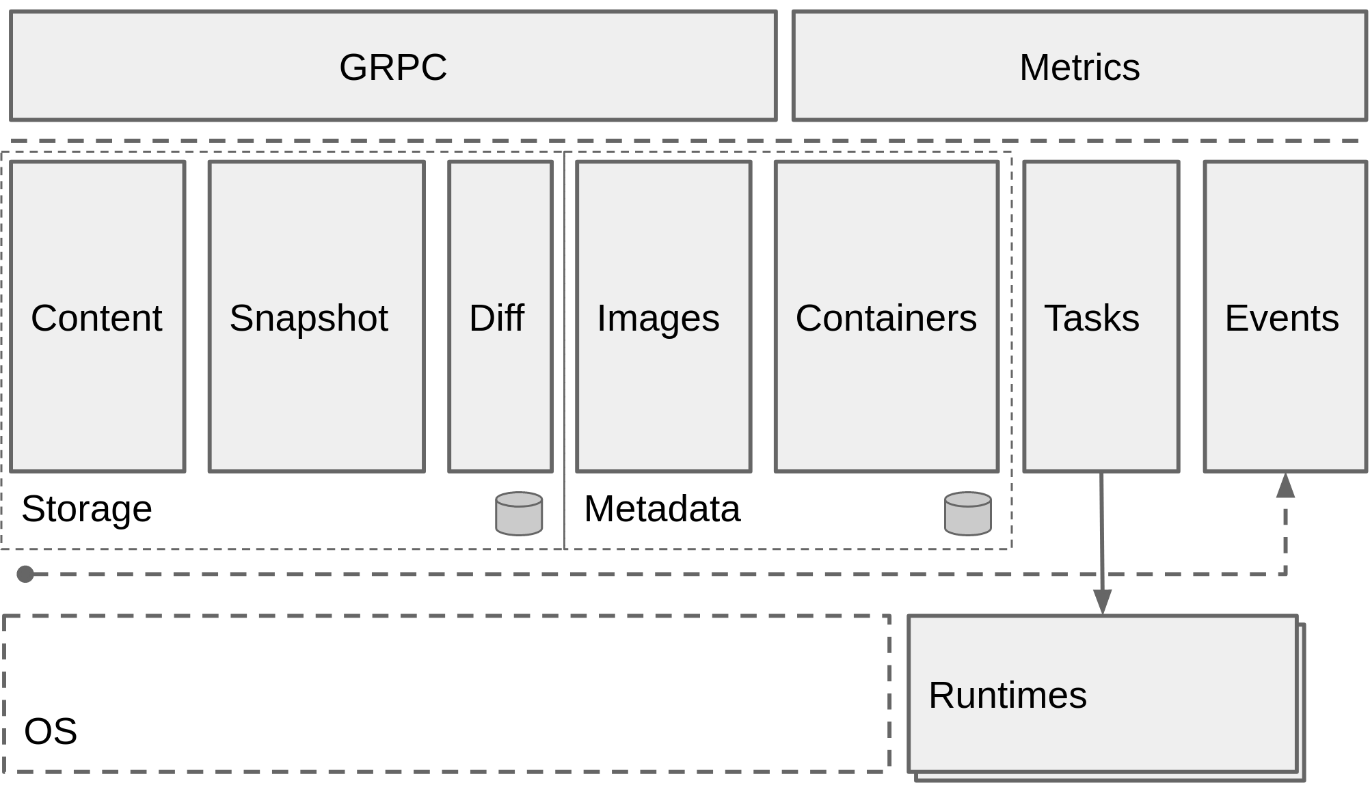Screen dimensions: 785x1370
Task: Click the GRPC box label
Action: click(x=393, y=67)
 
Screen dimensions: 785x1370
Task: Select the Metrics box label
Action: click(x=1079, y=67)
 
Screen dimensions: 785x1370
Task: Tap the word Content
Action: click(x=96, y=318)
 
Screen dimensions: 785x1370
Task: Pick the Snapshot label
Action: click(x=308, y=318)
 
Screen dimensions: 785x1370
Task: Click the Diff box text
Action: click(x=497, y=318)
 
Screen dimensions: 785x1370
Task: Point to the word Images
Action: click(x=658, y=318)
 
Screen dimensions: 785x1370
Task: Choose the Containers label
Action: click(x=886, y=318)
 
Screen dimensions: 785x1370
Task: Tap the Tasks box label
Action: click(x=1091, y=318)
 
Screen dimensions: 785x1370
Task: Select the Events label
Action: click(x=1281, y=318)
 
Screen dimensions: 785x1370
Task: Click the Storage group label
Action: click(x=87, y=508)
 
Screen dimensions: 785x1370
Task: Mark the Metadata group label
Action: click(x=662, y=508)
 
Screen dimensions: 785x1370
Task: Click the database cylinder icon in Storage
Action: click(x=519, y=513)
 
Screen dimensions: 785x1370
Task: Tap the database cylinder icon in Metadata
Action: click(x=967, y=513)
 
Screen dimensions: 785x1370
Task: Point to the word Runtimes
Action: click(x=1007, y=695)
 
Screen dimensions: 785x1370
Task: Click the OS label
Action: click(x=51, y=731)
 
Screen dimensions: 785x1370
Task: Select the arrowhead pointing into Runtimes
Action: click(x=1102, y=601)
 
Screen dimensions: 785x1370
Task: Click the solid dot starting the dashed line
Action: click(x=25, y=574)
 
